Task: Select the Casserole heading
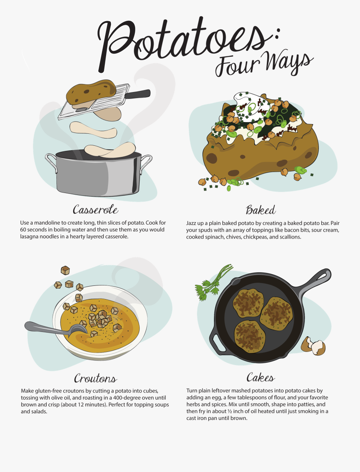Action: (x=96, y=209)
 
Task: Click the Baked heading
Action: (x=260, y=210)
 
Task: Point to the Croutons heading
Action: (x=96, y=378)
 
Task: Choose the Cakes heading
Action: (x=260, y=378)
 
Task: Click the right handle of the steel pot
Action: (x=146, y=164)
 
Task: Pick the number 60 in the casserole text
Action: (x=24, y=230)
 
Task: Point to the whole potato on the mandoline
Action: (x=90, y=91)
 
